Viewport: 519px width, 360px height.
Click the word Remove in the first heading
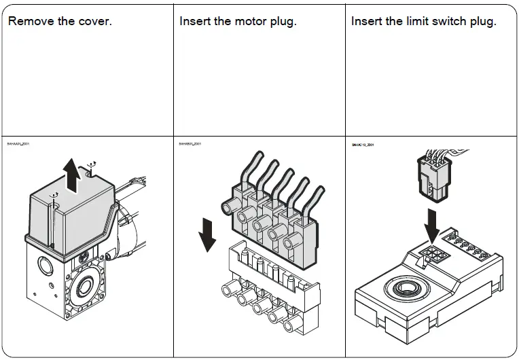[31, 21]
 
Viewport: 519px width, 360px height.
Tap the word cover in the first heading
[94, 21]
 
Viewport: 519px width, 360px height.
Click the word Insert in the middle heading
[194, 21]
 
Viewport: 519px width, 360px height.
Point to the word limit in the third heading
[418, 21]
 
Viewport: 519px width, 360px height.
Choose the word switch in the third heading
[452, 21]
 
